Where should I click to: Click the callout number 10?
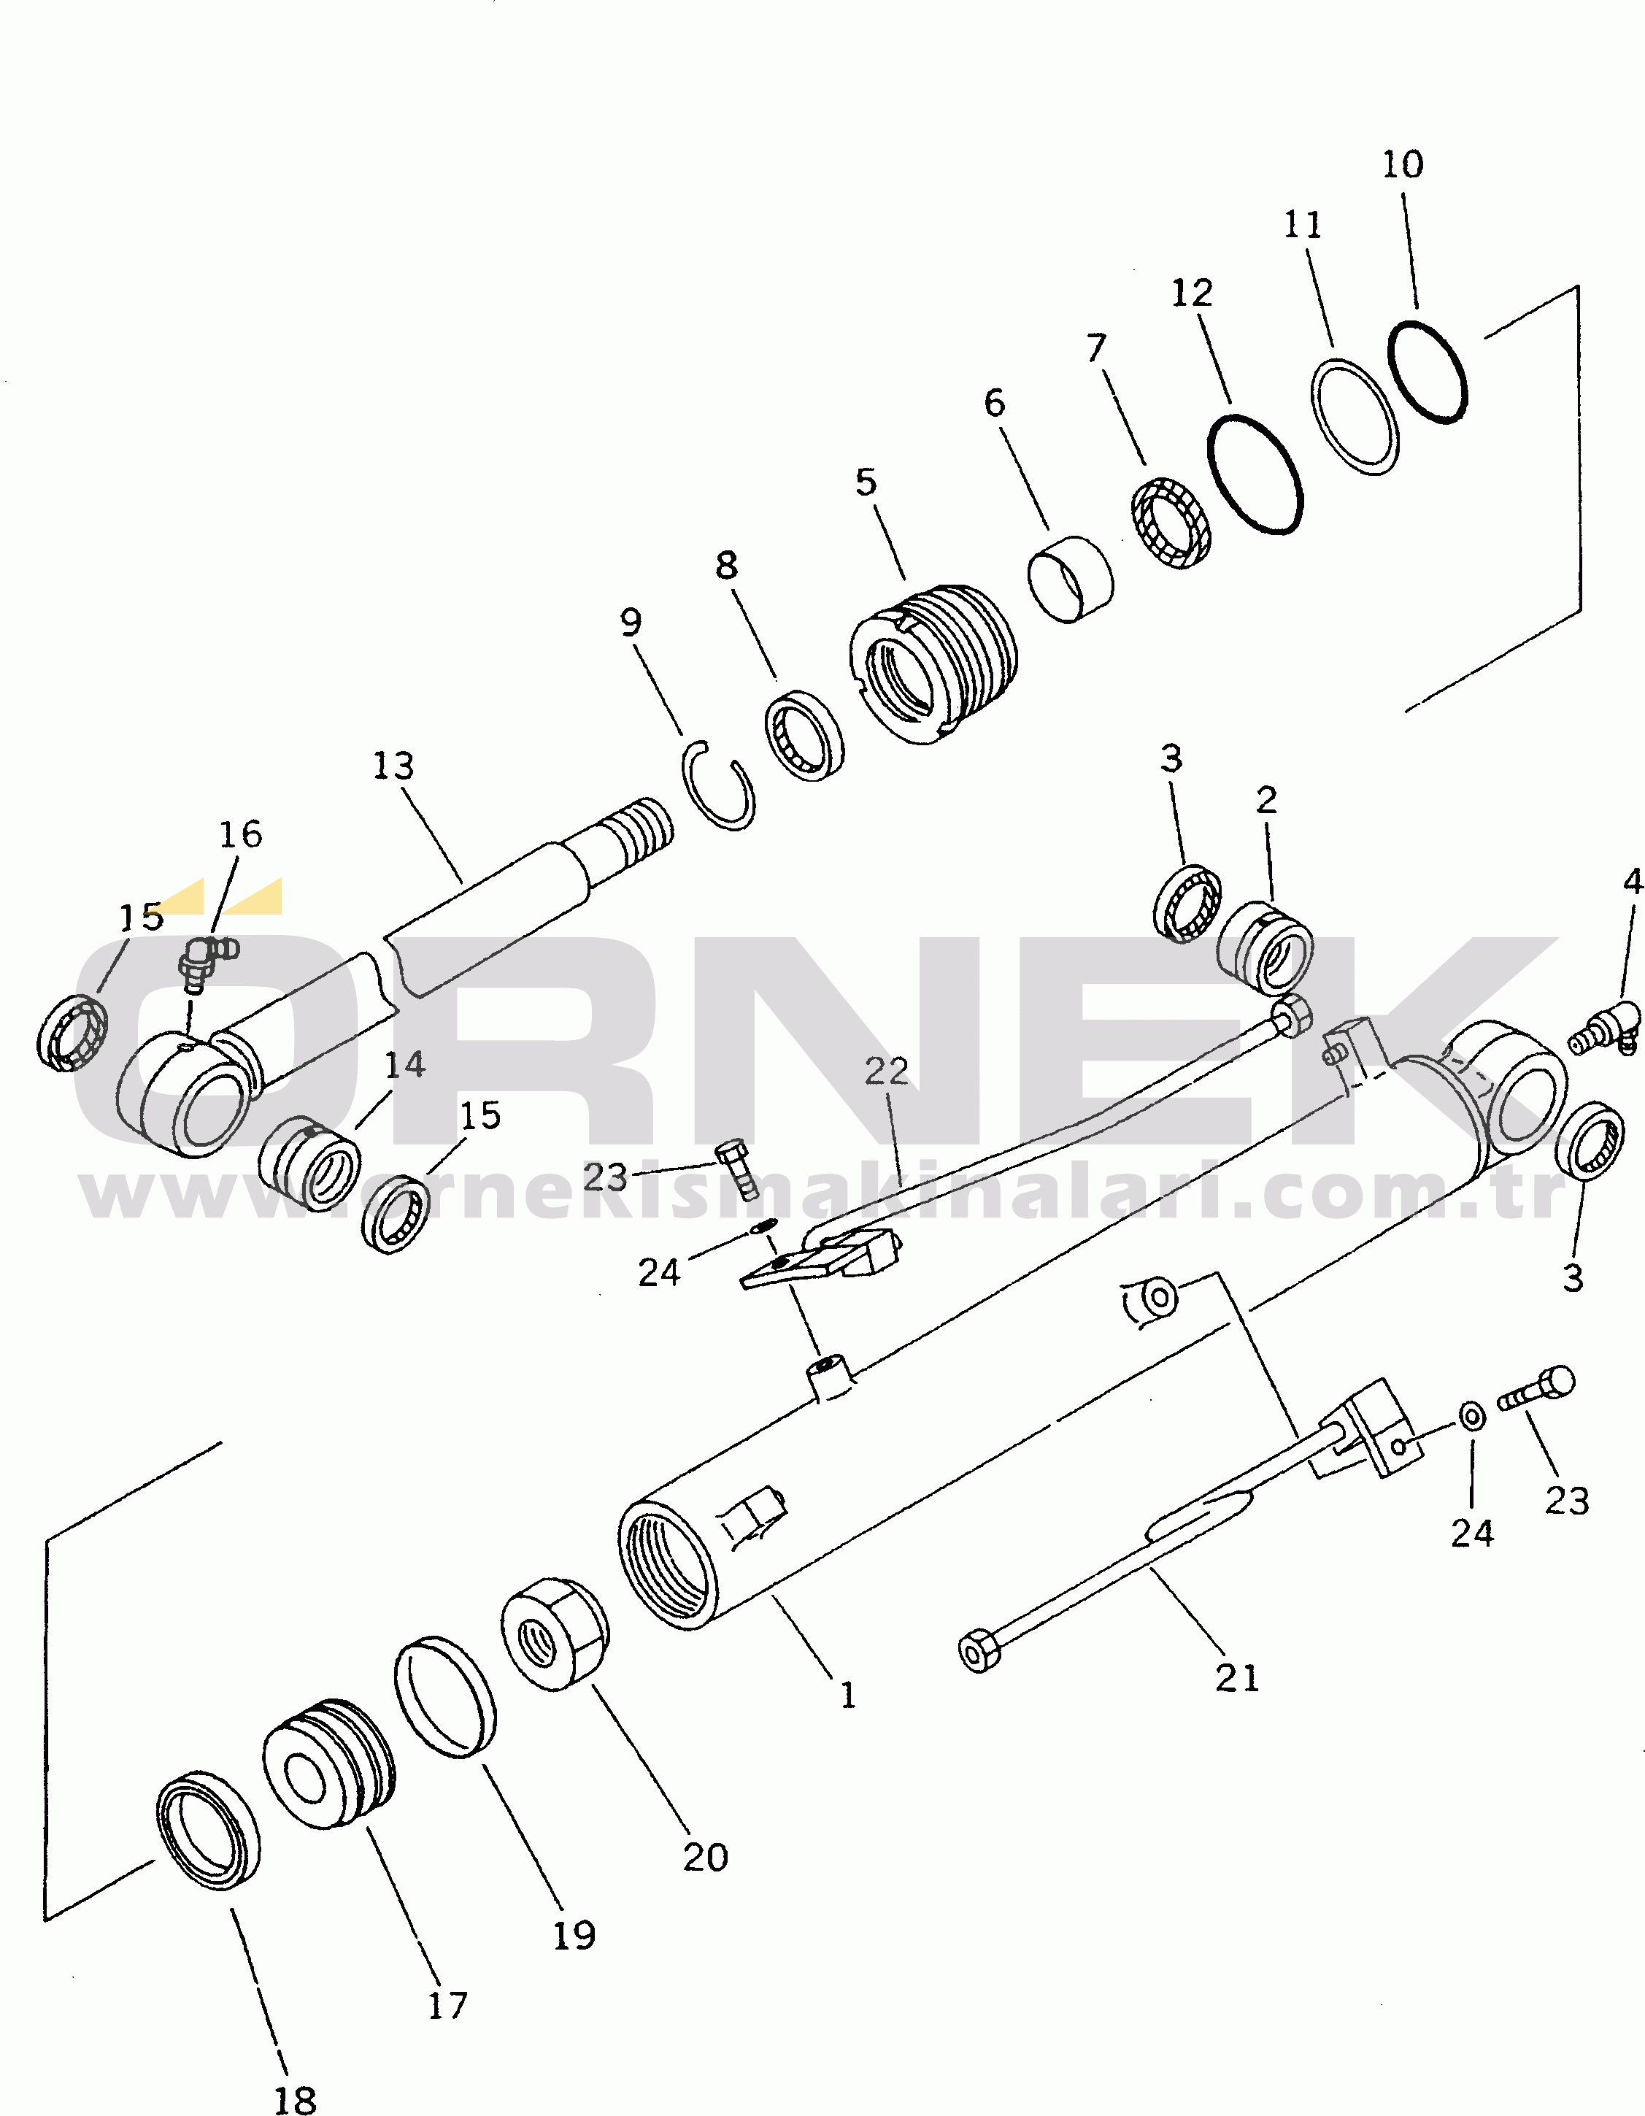(1402, 165)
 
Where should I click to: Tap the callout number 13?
(393, 766)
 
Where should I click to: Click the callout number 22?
(885, 1072)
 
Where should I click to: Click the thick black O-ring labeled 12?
(1255, 474)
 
